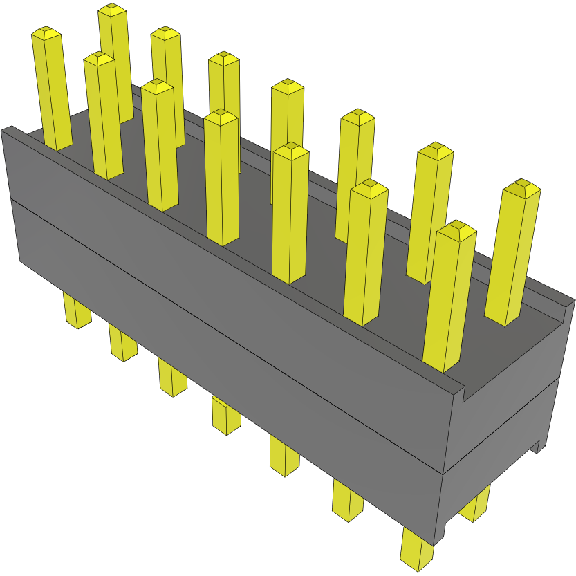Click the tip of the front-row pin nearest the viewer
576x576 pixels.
click(456, 231)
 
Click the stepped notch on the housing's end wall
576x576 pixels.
click(465, 394)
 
